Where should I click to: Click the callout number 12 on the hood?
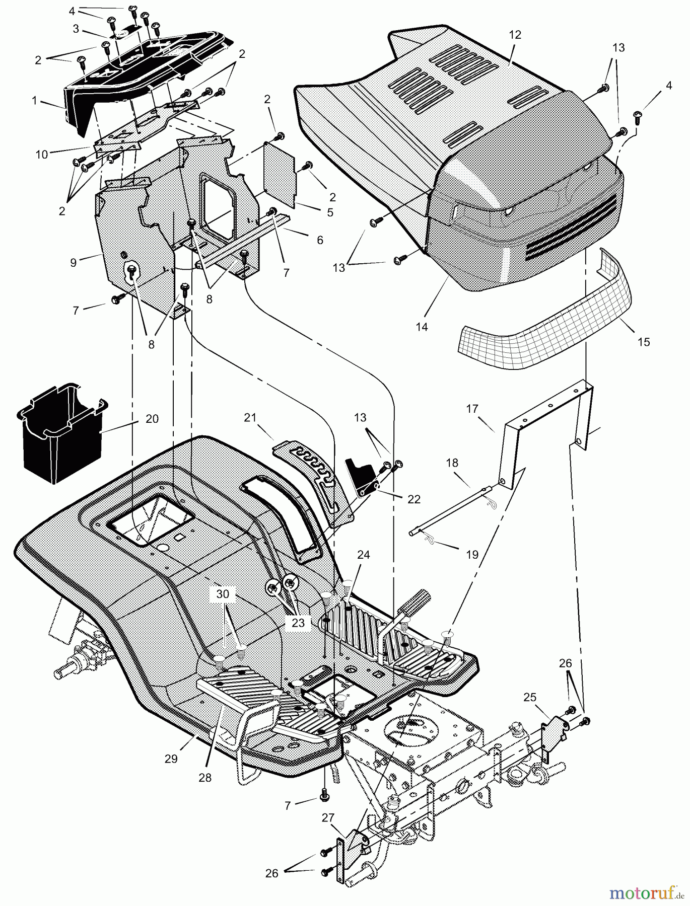click(x=515, y=35)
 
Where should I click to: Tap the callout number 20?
click(x=152, y=419)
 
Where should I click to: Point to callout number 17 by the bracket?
click(x=471, y=408)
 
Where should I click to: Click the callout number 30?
click(x=223, y=594)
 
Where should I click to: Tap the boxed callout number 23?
click(x=298, y=623)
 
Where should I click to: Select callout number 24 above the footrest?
click(x=363, y=555)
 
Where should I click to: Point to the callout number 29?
click(x=171, y=759)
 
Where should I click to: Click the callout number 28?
click(x=205, y=778)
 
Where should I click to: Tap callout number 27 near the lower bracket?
click(x=327, y=818)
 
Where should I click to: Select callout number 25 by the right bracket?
click(x=529, y=697)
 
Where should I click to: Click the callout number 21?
click(x=250, y=417)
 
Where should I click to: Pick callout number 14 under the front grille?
click(x=422, y=327)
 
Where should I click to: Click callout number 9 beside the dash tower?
click(x=74, y=262)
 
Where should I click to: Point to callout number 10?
click(x=42, y=155)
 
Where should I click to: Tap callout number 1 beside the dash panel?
click(x=34, y=101)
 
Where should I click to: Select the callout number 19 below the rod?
click(x=472, y=555)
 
